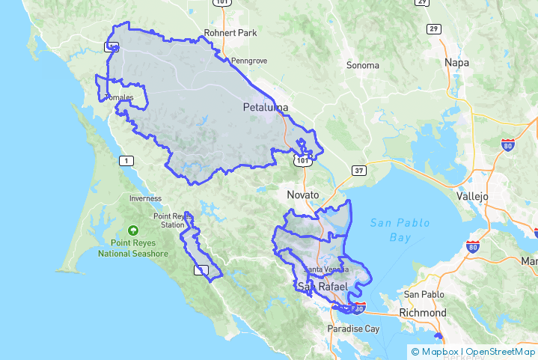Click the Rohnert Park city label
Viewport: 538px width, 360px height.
coord(230,33)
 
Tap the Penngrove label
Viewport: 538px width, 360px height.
coord(249,60)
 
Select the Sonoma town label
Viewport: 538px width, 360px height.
coord(363,65)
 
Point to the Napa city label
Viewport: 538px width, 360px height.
coord(456,63)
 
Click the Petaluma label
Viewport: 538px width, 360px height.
coord(266,108)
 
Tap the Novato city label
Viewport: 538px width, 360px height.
coord(303,195)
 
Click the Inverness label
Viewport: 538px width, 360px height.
coord(145,198)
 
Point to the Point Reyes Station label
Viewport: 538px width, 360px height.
coord(168,221)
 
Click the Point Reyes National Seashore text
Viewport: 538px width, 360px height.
coord(133,248)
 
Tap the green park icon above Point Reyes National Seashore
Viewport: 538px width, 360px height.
coord(133,231)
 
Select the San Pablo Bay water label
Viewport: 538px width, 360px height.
coord(391,230)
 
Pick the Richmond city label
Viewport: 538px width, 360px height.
coord(423,312)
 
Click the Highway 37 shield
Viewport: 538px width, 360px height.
coord(360,171)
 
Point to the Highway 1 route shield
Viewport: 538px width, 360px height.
coord(127,160)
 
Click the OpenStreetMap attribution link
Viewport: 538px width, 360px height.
coord(499,351)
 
